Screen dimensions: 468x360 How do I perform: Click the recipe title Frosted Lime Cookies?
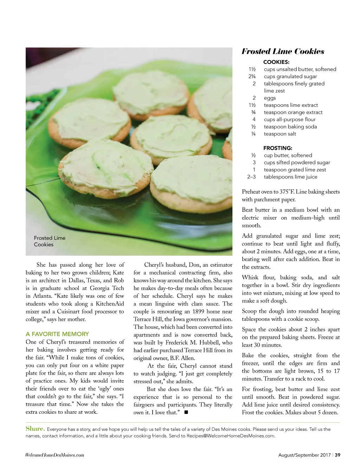point(283,51)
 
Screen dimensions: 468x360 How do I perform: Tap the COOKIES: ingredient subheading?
point(276,62)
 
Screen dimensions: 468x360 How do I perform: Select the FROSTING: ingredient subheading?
point(278,148)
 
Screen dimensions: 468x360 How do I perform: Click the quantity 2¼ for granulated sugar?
point(252,76)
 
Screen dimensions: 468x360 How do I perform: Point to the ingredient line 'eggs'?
point(270,98)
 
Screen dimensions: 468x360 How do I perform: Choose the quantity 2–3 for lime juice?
point(251,177)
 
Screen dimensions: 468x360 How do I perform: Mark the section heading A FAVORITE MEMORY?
point(57,334)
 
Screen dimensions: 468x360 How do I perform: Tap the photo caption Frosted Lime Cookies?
point(50,241)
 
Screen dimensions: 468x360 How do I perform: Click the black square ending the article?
point(186,412)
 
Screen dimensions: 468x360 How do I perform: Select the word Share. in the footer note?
point(35,429)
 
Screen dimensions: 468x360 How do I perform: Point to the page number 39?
point(337,455)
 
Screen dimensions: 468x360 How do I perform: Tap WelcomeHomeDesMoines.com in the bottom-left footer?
point(54,455)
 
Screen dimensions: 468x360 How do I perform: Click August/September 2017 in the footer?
point(304,455)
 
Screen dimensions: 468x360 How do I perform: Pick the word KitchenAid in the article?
point(110,304)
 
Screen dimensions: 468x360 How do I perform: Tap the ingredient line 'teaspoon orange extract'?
point(293,112)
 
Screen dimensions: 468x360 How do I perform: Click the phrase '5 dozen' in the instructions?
point(328,412)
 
